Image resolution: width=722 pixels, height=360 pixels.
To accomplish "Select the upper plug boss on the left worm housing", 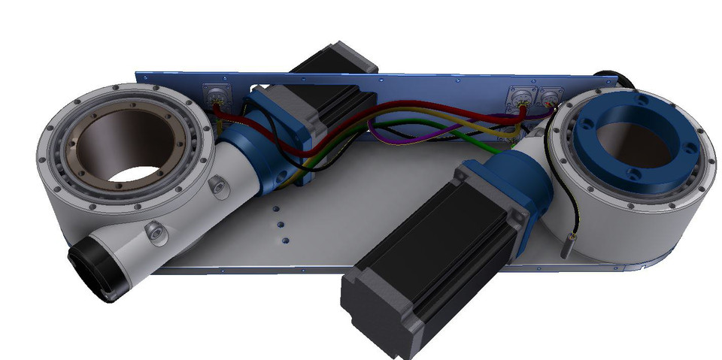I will pyautogui.click(x=220, y=185).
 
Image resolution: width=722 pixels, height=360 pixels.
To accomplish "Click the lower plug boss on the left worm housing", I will pyautogui.click(x=156, y=232).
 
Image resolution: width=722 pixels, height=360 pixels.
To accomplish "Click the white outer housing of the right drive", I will pyautogui.click(x=639, y=225).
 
